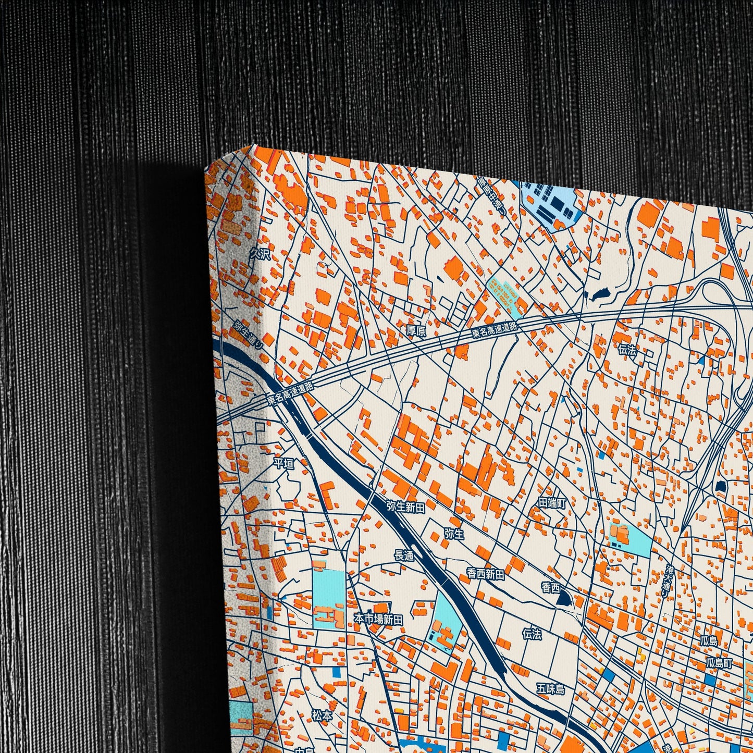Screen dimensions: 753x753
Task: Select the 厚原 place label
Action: [x=416, y=331]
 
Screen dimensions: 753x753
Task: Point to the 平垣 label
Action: [x=284, y=463]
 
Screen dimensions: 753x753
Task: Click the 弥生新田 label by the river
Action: [x=405, y=506]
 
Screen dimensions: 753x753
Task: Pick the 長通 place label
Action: [x=404, y=556]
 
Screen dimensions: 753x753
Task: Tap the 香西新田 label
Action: [x=486, y=574]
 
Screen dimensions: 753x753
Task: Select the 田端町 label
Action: [x=552, y=503]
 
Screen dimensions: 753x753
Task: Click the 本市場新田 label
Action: [x=378, y=619]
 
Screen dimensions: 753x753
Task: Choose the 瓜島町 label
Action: [x=719, y=663]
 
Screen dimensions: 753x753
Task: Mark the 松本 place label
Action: [x=322, y=715]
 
